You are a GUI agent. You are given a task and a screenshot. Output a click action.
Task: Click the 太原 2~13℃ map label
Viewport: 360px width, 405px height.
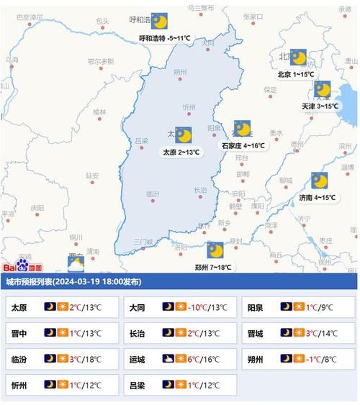coord(181,153)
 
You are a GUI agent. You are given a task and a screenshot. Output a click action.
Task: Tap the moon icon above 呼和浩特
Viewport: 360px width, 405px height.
coord(159,22)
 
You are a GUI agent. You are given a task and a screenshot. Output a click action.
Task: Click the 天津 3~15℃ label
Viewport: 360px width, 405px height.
coord(320,106)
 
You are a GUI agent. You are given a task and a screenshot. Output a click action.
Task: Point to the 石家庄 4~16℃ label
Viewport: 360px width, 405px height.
coord(243,145)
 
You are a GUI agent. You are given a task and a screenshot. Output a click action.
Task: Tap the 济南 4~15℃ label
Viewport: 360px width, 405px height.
coord(317,197)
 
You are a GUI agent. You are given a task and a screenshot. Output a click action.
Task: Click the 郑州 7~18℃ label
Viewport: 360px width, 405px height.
coord(213,267)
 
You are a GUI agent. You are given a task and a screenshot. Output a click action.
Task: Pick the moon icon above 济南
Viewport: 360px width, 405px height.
coord(319,181)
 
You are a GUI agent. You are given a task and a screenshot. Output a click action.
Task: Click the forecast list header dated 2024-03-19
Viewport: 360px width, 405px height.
coord(73,281)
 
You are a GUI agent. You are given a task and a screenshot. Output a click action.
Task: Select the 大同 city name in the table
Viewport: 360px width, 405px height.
coord(137,307)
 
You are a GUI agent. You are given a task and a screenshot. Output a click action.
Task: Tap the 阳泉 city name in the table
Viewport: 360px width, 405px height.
coord(255,307)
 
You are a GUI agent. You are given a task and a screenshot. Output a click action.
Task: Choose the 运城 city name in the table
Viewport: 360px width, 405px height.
coord(137,358)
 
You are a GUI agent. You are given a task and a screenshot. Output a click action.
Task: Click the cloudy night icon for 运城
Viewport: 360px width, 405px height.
coord(168,358)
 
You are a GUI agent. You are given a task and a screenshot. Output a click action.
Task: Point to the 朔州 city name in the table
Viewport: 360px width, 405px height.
coord(255,358)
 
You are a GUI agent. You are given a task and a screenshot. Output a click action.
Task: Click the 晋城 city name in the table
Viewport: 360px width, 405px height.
coord(255,332)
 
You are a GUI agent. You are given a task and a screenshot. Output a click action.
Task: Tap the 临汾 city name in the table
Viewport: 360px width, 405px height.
coord(19,358)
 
